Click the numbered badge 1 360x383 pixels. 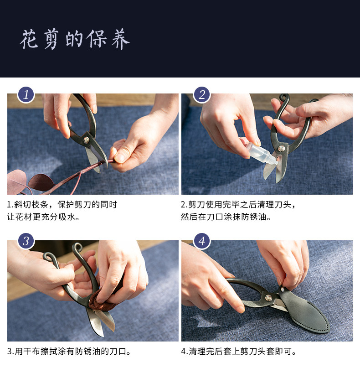tap(26, 94)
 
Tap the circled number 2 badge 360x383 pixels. tap(202, 94)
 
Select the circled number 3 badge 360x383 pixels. tap(26, 241)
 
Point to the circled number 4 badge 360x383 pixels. tap(202, 241)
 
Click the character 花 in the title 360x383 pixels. tap(29, 39)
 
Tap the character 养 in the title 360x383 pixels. tap(120, 39)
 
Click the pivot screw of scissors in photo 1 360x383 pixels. tap(87, 140)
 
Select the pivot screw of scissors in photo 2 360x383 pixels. tap(281, 148)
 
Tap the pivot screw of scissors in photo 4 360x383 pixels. tap(268, 297)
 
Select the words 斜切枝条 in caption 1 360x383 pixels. tap(31, 204)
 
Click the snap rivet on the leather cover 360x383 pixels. tap(283, 290)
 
